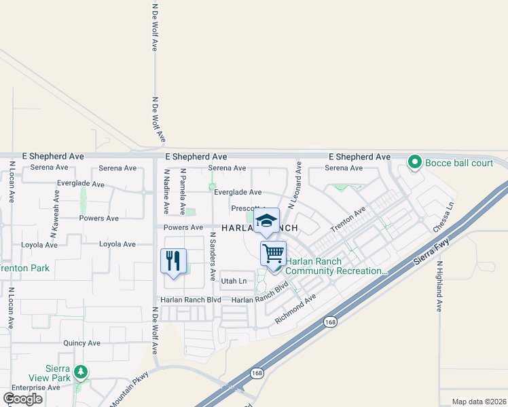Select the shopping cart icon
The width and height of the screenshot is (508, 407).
coord(273,253)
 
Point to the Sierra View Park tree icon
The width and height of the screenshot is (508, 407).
coord(81,372)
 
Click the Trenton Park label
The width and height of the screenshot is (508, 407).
coord(24,268)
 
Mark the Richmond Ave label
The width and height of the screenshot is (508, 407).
coord(295,309)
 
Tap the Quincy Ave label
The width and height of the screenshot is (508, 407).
coord(81,344)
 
